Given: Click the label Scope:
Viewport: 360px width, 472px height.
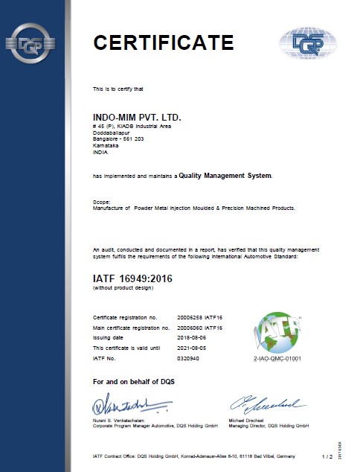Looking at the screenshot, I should (102, 201).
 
